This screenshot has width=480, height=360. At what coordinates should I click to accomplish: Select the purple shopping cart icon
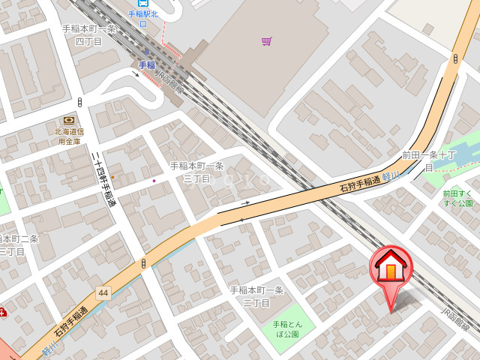[x=266, y=41]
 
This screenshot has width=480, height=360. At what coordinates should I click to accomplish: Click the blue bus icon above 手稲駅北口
[x=143, y=3]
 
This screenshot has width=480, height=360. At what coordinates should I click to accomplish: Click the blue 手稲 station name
[x=146, y=65]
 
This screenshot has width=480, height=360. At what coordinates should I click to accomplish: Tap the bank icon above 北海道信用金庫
[x=69, y=120]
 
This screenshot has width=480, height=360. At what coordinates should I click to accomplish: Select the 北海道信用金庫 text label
[x=69, y=136]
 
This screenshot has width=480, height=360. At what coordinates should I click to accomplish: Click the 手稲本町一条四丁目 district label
[x=89, y=35]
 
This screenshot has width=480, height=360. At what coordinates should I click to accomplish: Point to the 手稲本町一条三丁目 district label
[x=196, y=172]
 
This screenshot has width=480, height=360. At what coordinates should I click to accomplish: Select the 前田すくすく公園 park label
[x=457, y=198]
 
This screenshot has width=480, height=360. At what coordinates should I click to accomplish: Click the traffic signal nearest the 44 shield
[x=142, y=264]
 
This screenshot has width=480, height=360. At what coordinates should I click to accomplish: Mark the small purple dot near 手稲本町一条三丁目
[x=154, y=180]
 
